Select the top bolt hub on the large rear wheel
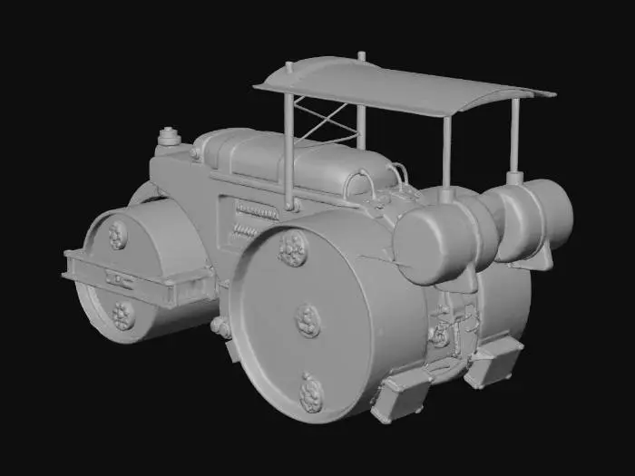click(x=292, y=248)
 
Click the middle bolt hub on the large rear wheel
click(x=308, y=320)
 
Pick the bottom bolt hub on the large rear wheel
click(x=312, y=393)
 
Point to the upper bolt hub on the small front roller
click(x=118, y=236)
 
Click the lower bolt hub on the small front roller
click(x=123, y=314)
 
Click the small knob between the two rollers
click(x=220, y=326)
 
